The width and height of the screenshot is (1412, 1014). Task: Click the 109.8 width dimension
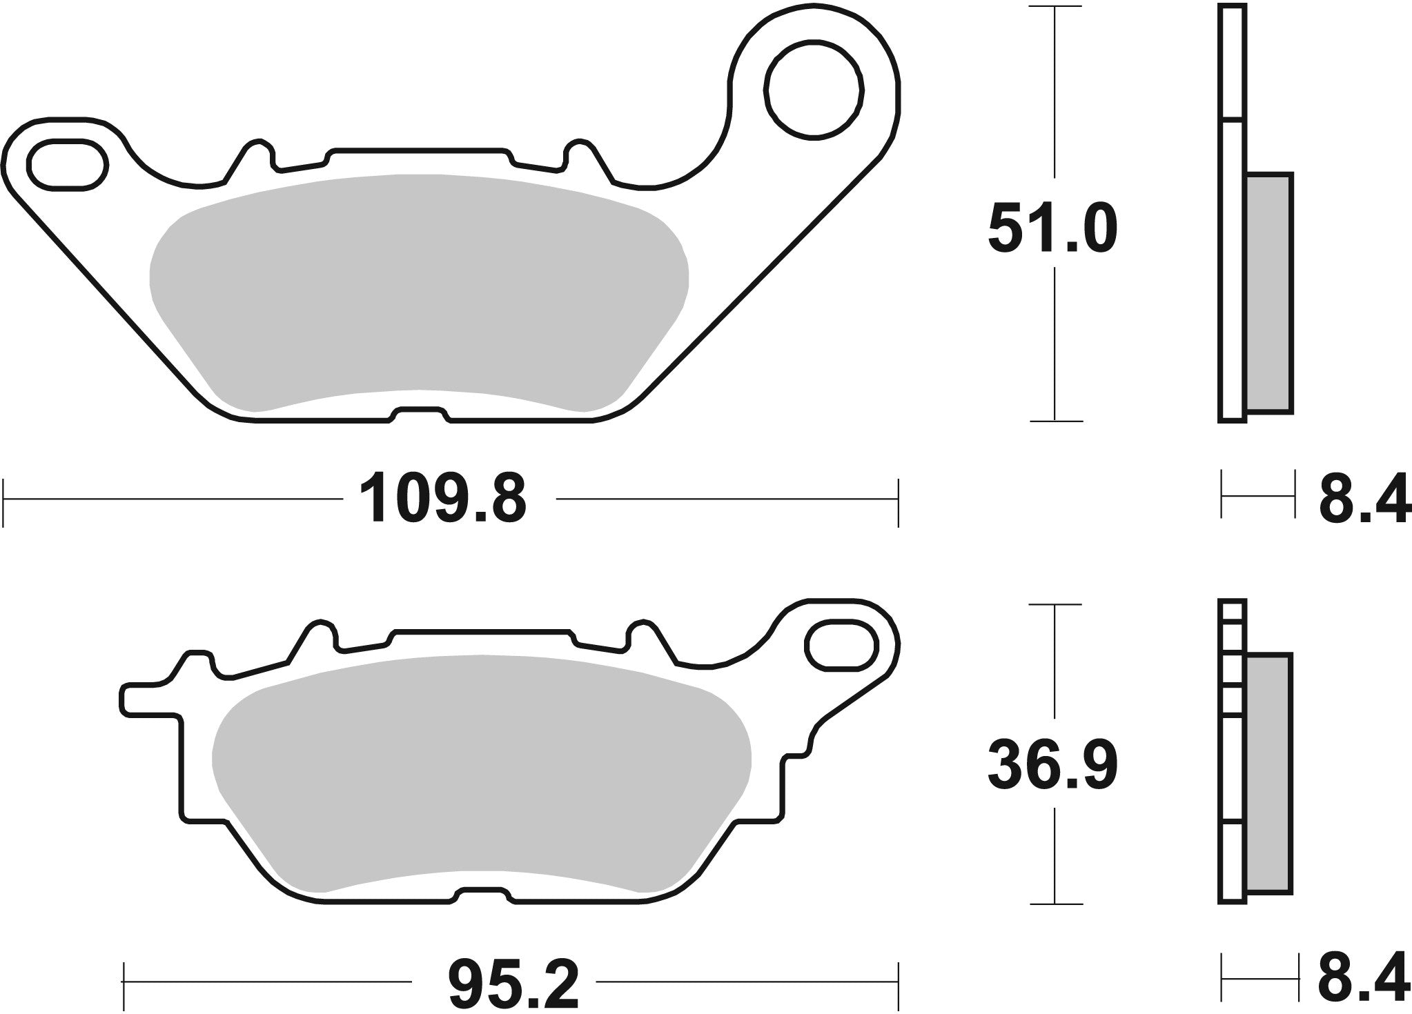coord(446,499)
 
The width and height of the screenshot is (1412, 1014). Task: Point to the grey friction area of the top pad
coord(418,290)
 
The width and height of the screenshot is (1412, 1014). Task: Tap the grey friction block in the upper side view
coord(1270,294)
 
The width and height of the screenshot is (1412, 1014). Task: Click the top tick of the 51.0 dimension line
coord(1055,7)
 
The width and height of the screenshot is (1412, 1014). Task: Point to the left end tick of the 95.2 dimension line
coord(123,982)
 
